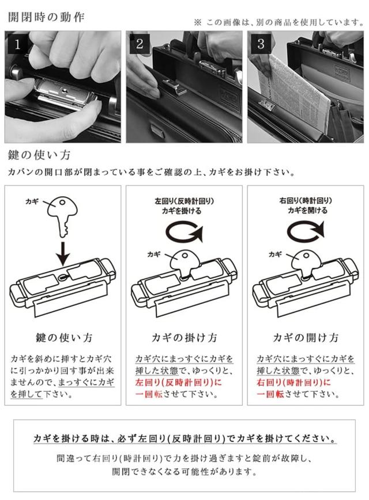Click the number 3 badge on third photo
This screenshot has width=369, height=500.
click(x=261, y=44)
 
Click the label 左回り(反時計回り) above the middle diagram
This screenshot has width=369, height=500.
click(x=184, y=201)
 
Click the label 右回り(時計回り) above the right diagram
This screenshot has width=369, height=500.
click(x=306, y=201)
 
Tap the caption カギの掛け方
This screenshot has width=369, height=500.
click(x=184, y=337)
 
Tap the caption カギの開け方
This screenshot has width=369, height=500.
click(x=306, y=337)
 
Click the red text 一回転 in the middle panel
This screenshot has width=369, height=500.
click(x=148, y=394)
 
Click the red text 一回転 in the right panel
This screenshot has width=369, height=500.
click(x=269, y=394)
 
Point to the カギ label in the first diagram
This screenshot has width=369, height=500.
click(x=32, y=201)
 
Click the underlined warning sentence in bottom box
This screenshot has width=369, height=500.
click(x=184, y=439)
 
